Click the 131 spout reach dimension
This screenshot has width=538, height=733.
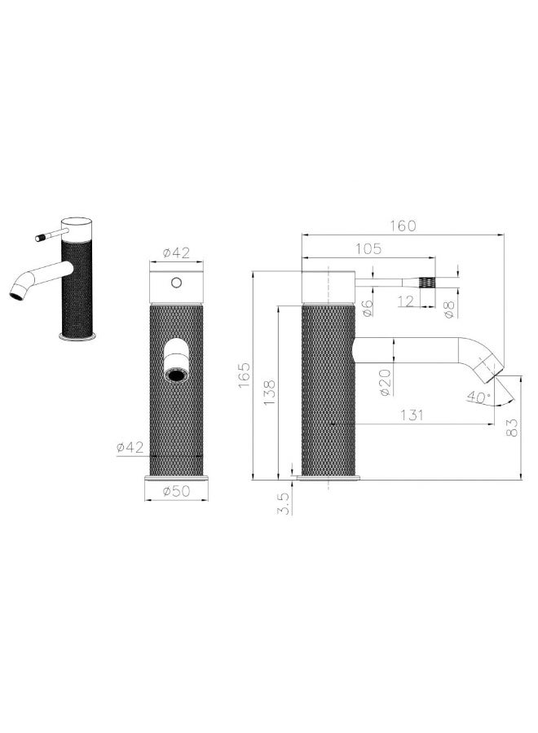[412, 415]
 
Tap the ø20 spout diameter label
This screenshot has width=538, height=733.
[386, 380]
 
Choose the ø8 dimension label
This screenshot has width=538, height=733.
[448, 307]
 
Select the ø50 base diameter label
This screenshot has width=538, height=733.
[176, 491]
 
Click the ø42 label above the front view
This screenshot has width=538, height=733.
[176, 253]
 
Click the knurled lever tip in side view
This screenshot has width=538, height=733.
[426, 282]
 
